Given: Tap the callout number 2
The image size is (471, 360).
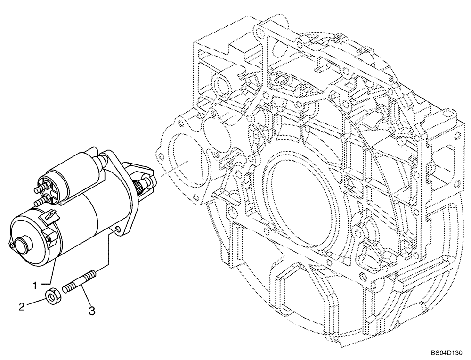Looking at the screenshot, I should [21, 307].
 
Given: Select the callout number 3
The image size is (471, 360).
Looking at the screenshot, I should [92, 311].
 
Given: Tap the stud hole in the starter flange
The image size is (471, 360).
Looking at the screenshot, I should [117, 229].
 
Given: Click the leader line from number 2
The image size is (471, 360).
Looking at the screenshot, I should [35, 302].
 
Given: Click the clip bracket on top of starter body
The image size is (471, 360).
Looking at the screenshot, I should [51, 216].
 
